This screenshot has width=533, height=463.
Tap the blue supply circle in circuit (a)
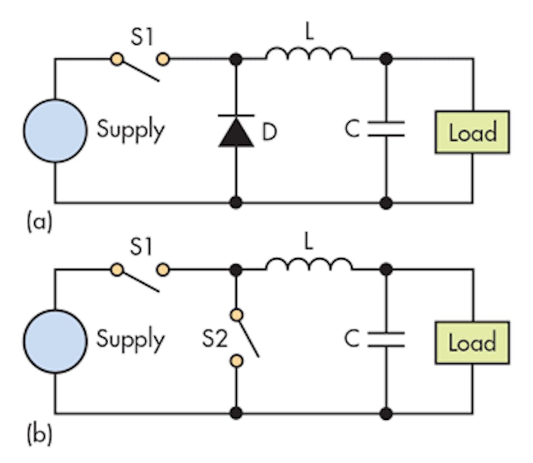(55, 131)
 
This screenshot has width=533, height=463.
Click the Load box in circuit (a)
(472, 132)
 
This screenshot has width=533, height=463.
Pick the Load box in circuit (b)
(472, 343)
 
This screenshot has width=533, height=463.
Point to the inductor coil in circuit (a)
(309, 54)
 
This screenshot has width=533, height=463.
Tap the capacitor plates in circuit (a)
(386, 129)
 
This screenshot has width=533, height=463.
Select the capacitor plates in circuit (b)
(386, 339)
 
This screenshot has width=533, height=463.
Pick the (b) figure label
(39, 436)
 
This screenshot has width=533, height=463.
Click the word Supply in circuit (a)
(131, 130)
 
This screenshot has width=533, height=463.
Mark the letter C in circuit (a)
(352, 130)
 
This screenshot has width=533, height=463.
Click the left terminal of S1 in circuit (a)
(117, 59)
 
